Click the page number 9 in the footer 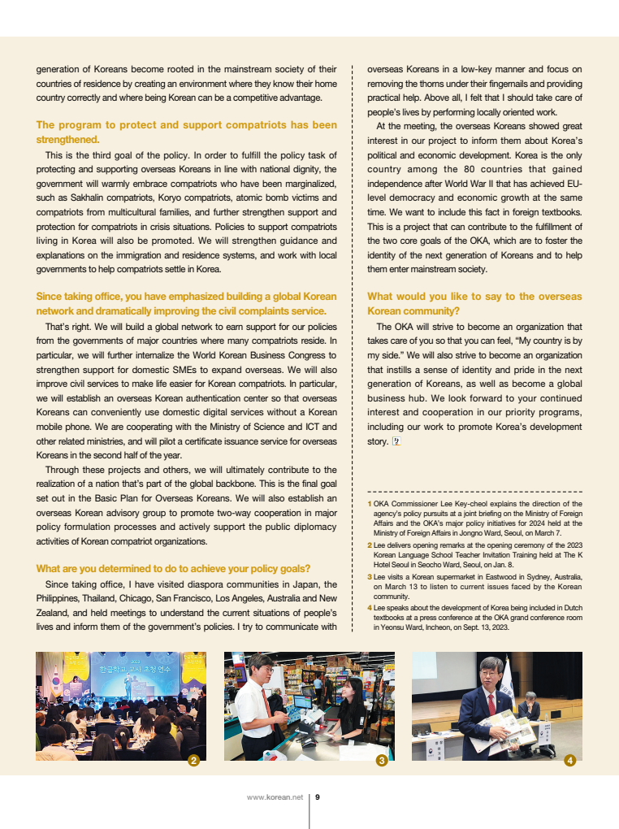click(318, 797)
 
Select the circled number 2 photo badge click(193, 761)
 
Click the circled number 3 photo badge click(382, 761)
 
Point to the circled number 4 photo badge click(569, 761)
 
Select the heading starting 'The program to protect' click(186, 132)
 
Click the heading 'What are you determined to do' click(173, 568)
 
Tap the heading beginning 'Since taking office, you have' click(186, 303)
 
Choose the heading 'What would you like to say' click(474, 303)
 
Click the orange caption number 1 click(369, 504)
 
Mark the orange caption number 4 click(370, 607)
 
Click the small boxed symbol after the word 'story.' click(396, 441)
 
